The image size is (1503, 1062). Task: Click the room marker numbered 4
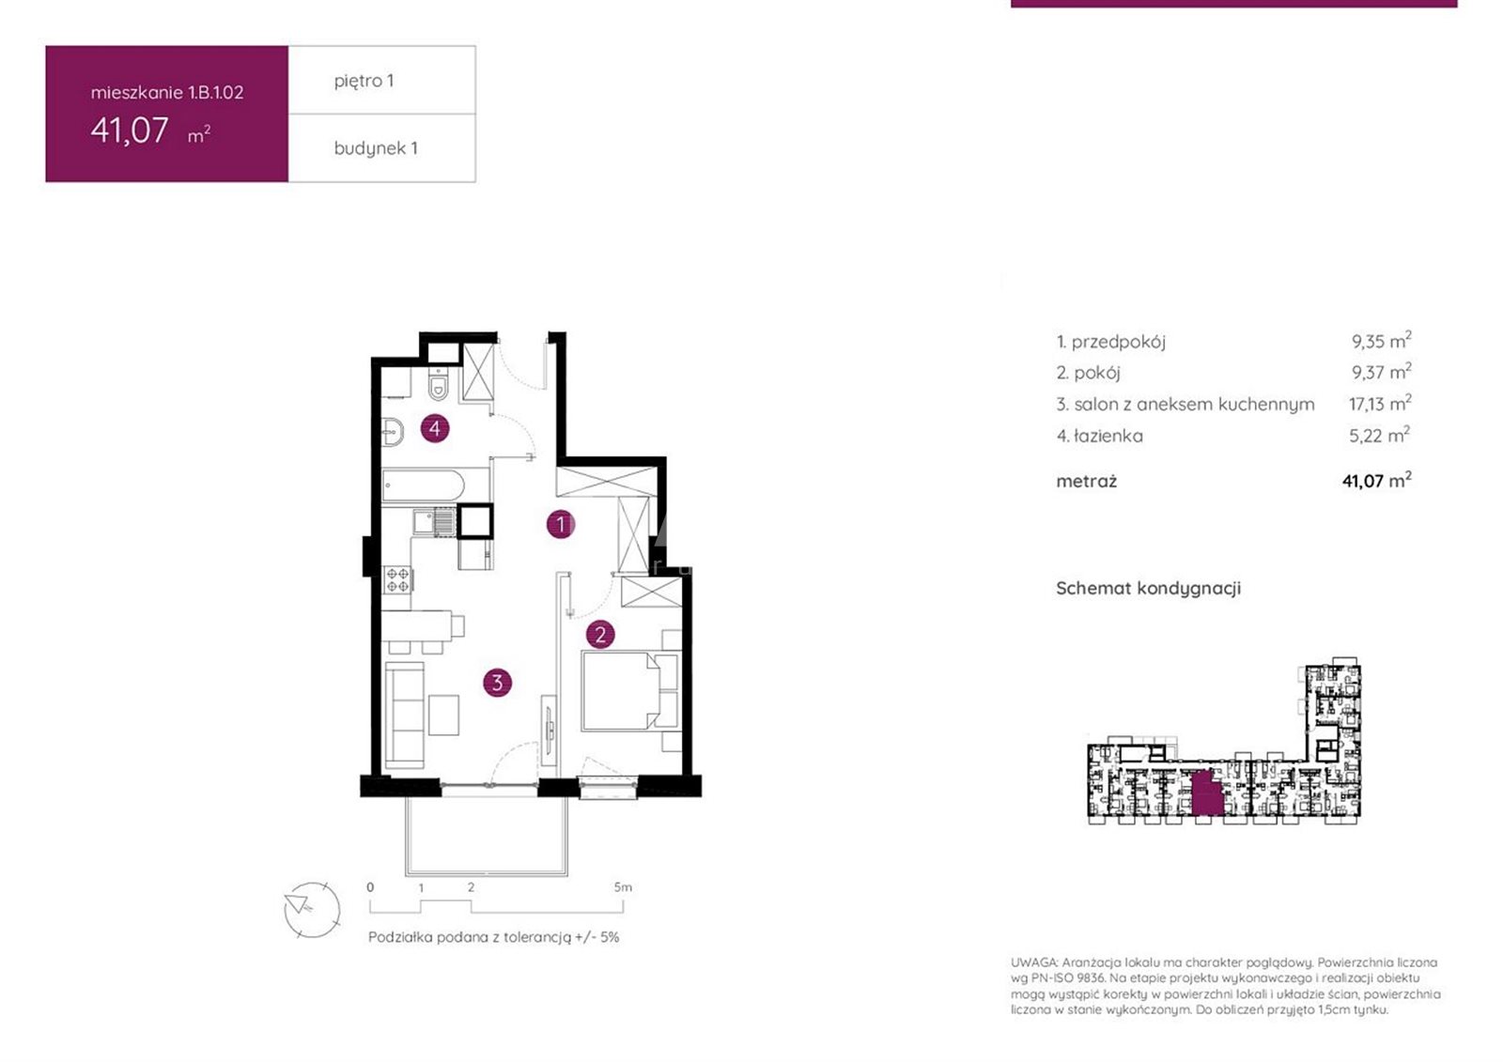tap(435, 428)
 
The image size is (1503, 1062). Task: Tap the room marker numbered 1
tap(561, 524)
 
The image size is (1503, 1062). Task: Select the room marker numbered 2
tap(600, 635)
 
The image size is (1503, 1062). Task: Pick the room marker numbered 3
tap(497, 683)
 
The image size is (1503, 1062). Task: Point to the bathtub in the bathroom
tap(423, 485)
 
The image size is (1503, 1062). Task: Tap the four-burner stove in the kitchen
tap(398, 579)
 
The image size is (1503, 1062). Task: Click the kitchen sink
tap(434, 521)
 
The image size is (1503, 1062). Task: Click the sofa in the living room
tap(405, 716)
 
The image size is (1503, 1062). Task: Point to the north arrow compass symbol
tap(312, 910)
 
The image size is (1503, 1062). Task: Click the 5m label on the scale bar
tap(623, 887)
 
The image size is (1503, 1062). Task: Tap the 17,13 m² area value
tap(1380, 403)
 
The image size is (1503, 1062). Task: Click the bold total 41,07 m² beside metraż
tap(1376, 481)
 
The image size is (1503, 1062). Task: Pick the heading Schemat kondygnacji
tap(1149, 589)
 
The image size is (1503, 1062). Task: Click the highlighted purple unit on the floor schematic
tap(1206, 793)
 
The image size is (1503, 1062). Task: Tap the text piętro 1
tap(364, 81)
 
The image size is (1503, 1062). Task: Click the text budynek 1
tap(376, 148)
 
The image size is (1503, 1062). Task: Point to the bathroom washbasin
tap(393, 432)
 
